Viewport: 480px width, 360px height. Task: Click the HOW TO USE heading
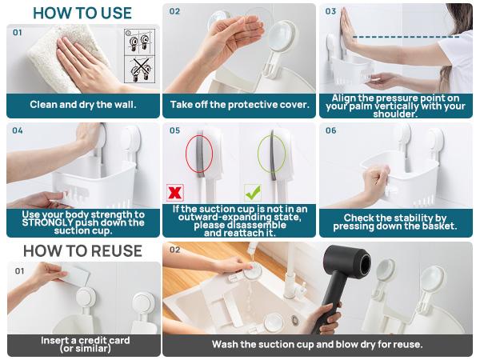point(82,13)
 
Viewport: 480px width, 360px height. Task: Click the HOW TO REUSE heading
point(82,250)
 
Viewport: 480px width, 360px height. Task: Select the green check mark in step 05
point(252,193)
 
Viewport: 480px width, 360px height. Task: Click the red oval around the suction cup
point(199,153)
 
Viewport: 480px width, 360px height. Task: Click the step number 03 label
point(330,12)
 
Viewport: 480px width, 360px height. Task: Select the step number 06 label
point(330,130)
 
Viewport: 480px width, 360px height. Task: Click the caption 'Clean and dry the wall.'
point(83,105)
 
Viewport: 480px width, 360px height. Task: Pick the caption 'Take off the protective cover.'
point(239,105)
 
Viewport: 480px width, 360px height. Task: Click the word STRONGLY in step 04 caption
point(50,222)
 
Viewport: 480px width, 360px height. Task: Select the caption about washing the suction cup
point(317,345)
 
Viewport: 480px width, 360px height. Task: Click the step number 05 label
point(174,130)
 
